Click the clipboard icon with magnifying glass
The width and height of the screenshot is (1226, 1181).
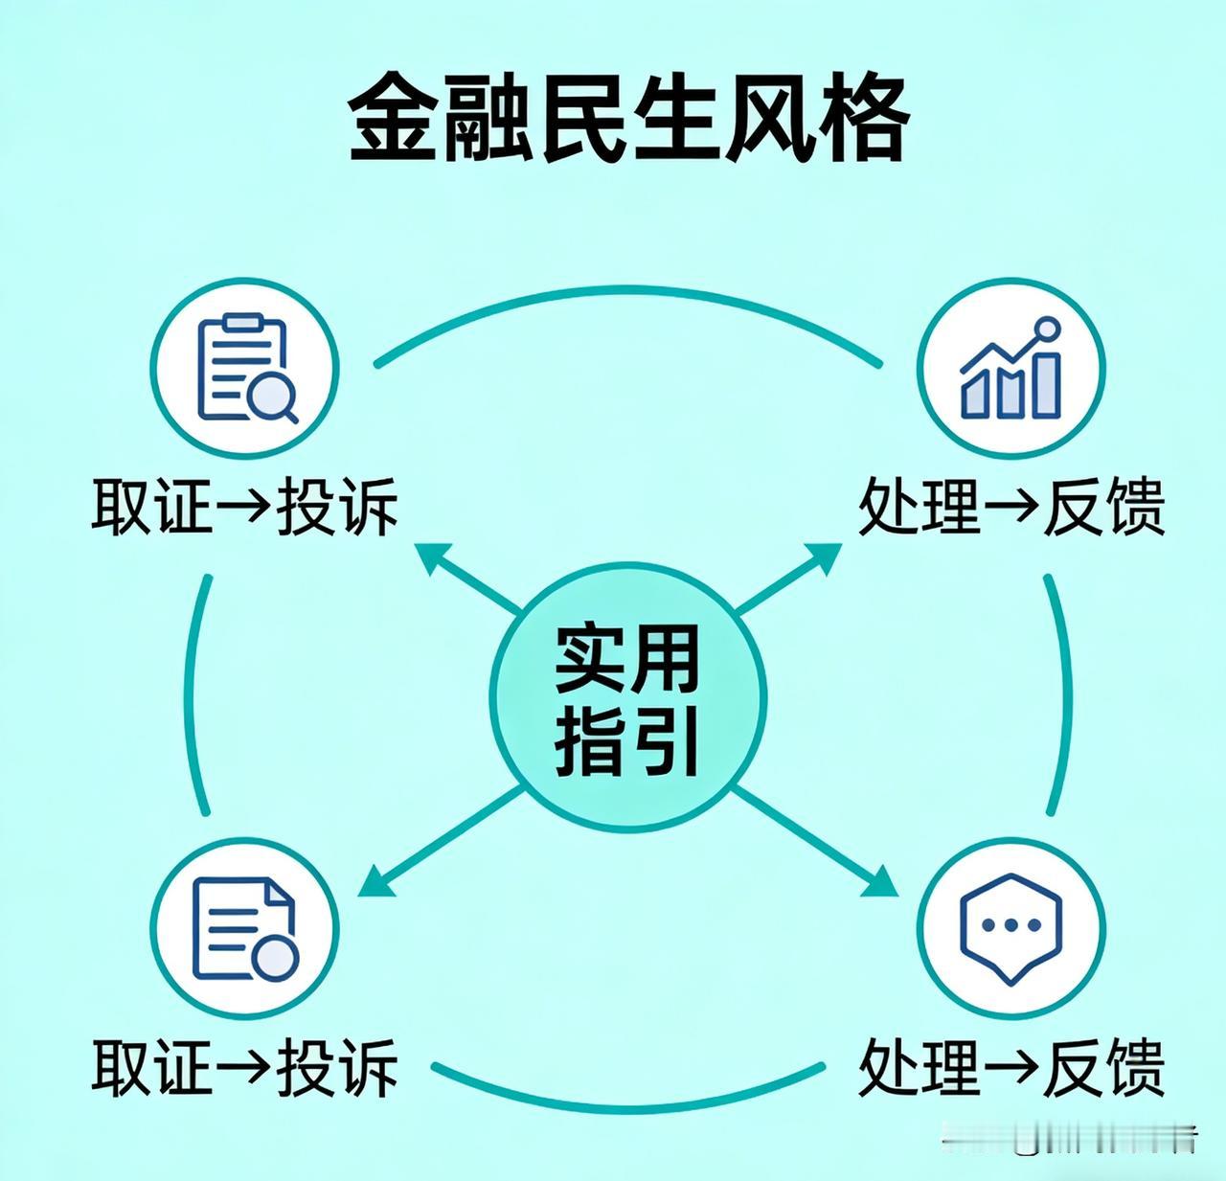pyautogui.click(x=245, y=372)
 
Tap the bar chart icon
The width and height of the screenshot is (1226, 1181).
pyautogui.click(x=1010, y=372)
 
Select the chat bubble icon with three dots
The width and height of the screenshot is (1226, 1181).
pyautogui.click(x=1010, y=927)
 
